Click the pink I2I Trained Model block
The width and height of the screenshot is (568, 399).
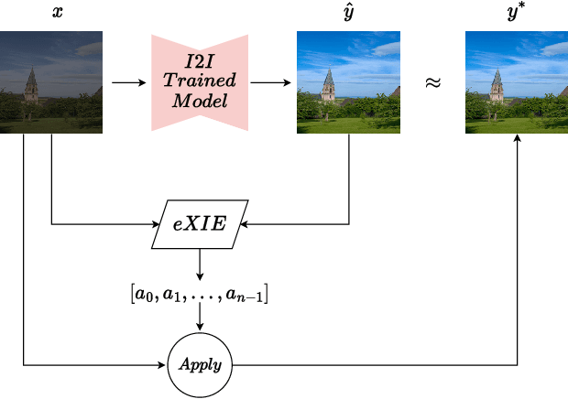tap(198, 82)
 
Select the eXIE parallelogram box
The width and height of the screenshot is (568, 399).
tap(200, 222)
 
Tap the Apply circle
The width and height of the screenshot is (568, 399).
tap(200, 364)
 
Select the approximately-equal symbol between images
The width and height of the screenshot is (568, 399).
tap(432, 82)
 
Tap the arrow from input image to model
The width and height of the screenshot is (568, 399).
tap(128, 82)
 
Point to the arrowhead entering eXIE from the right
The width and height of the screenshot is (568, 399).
tap(243, 222)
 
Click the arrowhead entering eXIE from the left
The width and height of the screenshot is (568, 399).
tap(156, 222)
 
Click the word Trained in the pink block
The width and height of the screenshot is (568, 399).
tap(198, 82)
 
